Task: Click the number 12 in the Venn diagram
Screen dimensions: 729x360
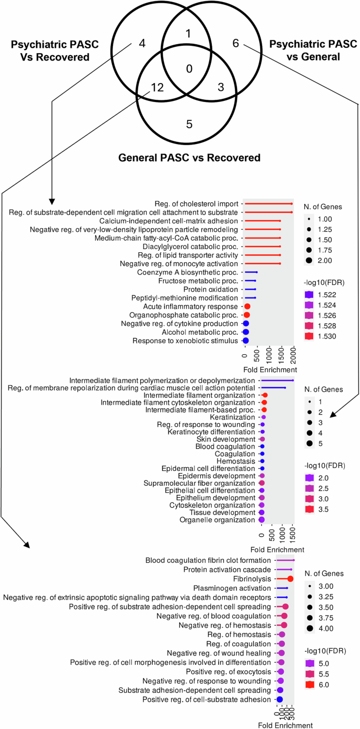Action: tap(157, 88)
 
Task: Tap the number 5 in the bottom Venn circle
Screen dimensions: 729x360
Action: tap(189, 124)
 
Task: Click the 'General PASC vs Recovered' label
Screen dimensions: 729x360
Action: tap(189, 157)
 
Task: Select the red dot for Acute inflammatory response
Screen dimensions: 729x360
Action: tap(246, 306)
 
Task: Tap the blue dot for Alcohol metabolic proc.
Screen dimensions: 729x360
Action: tap(245, 332)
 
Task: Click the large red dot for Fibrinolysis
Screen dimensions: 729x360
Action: tap(290, 579)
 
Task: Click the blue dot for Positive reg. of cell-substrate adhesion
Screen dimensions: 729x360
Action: tap(280, 700)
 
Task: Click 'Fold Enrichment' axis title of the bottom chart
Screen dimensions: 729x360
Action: tap(285, 725)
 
